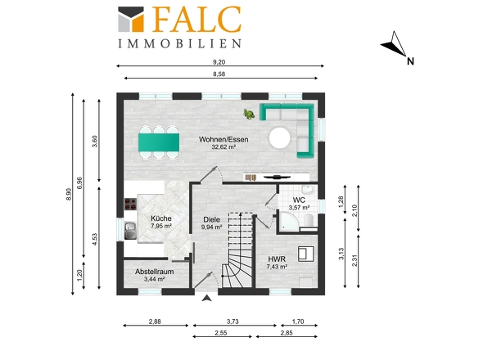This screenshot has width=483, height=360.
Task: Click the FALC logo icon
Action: [131, 19]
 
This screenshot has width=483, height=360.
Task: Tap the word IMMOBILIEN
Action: [179, 43]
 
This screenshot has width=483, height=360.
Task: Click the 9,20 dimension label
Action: [219, 62]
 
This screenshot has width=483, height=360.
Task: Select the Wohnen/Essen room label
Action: [223, 140]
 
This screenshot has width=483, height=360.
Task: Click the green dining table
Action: [159, 142]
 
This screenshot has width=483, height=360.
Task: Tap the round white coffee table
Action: [279, 138]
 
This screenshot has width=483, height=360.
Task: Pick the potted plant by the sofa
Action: [249, 115]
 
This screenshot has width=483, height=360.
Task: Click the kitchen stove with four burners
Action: [130, 205]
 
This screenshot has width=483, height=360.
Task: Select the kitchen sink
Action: [131, 231]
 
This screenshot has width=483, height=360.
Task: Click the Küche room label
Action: [161, 218]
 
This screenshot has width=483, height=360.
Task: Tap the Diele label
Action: [212, 219]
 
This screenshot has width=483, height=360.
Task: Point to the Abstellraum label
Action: [155, 272]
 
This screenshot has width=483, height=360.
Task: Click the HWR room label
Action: [277, 259]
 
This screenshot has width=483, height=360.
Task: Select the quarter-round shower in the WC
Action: [289, 222]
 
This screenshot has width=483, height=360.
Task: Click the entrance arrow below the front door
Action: [207, 298]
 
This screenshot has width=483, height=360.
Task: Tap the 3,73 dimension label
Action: [232, 322]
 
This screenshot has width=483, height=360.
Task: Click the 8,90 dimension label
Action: [69, 195]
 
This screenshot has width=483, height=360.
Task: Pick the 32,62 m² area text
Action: [223, 147]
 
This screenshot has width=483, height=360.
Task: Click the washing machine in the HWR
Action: [306, 254]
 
